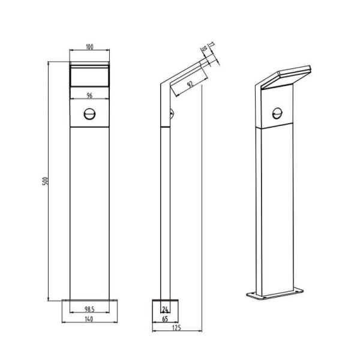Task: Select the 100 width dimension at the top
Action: point(90,47)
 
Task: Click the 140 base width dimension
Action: point(90,320)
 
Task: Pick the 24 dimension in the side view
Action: point(165,310)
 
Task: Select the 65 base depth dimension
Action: point(165,320)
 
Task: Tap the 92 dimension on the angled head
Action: point(190,85)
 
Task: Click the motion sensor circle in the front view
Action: point(90,113)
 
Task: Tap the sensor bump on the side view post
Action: point(172,112)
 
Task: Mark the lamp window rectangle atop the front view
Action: point(90,77)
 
